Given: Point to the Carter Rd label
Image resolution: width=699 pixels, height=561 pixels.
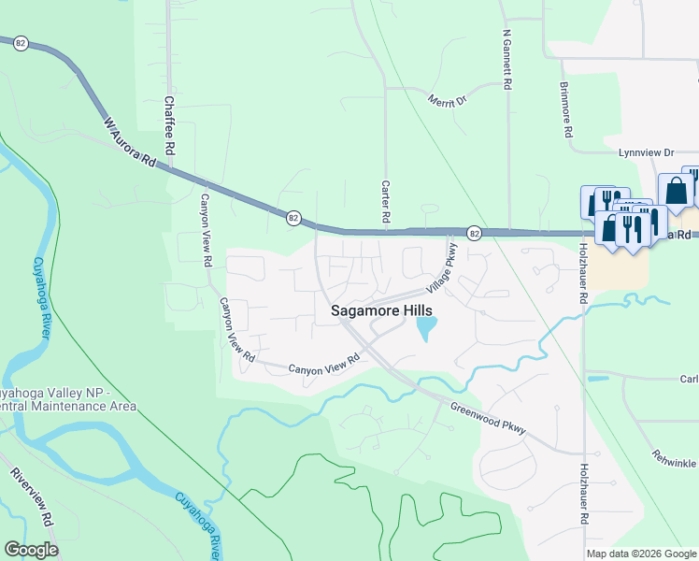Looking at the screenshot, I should [385, 201].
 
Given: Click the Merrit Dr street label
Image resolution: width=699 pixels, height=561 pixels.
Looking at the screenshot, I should [447, 99].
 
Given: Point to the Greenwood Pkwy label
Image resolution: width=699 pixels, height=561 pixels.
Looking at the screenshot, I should [488, 419].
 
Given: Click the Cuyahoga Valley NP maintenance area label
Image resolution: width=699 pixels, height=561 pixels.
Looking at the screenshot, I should [67, 399].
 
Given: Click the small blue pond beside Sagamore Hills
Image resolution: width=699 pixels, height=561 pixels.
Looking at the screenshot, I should [425, 328].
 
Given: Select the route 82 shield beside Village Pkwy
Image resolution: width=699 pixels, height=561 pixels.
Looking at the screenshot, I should [475, 232].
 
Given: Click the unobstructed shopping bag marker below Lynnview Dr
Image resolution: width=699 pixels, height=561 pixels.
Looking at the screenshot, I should [676, 191].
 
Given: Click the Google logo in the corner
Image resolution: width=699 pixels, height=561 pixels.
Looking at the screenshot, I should [31, 550].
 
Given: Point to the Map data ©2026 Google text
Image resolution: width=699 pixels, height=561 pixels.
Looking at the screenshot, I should [641, 554].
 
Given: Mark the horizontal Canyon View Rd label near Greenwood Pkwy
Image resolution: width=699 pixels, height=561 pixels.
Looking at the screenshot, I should [324, 366].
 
